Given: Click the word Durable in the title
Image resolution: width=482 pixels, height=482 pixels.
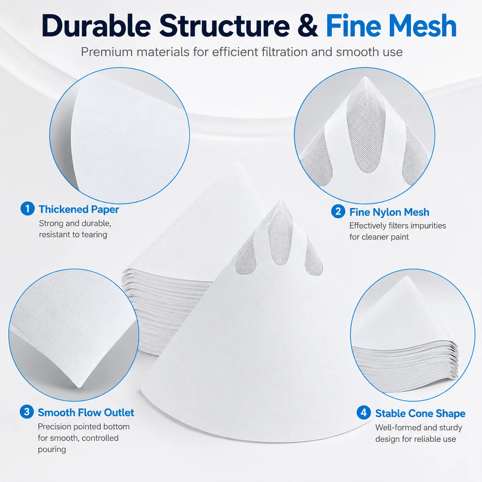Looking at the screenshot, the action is click(x=96, y=26).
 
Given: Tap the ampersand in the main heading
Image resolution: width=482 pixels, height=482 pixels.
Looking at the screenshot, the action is click(x=307, y=26).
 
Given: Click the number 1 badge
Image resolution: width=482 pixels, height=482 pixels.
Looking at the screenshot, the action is click(x=28, y=209).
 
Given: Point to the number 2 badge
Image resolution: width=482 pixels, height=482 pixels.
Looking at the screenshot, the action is click(x=338, y=211).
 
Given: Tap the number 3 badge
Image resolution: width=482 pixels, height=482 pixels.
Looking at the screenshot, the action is click(x=27, y=412).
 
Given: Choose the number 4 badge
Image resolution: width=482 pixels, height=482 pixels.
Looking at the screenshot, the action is click(x=364, y=412).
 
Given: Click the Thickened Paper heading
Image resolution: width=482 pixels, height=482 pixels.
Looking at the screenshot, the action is click(x=79, y=209).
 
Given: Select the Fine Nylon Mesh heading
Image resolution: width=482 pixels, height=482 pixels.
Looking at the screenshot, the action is click(x=389, y=212).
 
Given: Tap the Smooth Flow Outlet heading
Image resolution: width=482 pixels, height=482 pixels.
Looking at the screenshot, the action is click(x=86, y=412).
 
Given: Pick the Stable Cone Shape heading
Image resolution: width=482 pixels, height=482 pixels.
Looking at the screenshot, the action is click(x=420, y=414).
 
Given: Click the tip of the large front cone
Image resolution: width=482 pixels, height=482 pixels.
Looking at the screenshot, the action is click(x=281, y=201).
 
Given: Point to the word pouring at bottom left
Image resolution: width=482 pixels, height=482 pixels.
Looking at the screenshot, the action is click(x=52, y=449).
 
